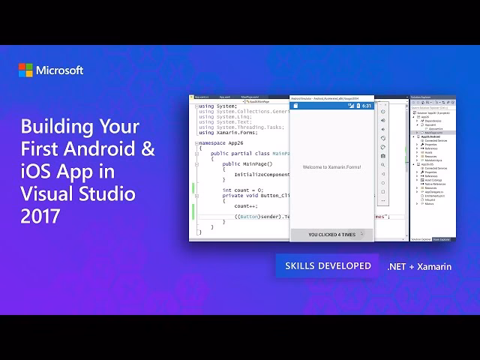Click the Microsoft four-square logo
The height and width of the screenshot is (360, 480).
point(25,70)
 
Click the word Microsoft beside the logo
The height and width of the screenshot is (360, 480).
point(60,70)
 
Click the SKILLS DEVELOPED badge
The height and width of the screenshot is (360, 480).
point(327,266)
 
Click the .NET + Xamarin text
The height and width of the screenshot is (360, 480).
point(418,266)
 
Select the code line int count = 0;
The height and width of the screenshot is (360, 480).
point(242,190)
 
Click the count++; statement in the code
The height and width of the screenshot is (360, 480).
point(245,205)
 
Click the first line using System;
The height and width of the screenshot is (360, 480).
point(217,106)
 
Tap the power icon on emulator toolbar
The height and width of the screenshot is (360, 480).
point(383,112)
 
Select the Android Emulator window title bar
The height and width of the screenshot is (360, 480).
point(330,97)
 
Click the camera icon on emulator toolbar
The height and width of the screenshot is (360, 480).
point(383,155)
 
